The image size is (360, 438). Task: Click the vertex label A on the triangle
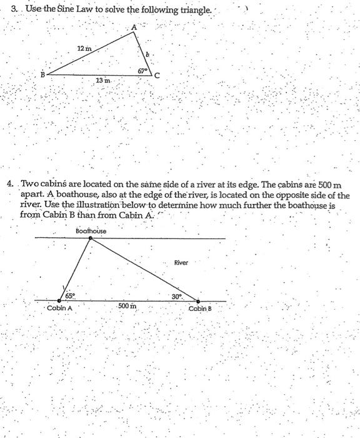(x=133, y=27)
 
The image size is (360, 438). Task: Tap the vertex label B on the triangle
(x=43, y=74)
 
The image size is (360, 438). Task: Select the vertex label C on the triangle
(x=157, y=76)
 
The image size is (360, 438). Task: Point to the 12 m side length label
(x=84, y=48)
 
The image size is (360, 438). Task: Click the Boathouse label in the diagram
(x=91, y=232)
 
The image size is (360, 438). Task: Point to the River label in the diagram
(x=181, y=263)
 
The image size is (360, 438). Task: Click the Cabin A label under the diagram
(x=60, y=308)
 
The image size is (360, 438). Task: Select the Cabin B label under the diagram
(x=200, y=309)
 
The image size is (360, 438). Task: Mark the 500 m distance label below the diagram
(x=127, y=307)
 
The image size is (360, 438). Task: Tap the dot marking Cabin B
(x=199, y=301)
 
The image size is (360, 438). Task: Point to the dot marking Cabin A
(x=59, y=301)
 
